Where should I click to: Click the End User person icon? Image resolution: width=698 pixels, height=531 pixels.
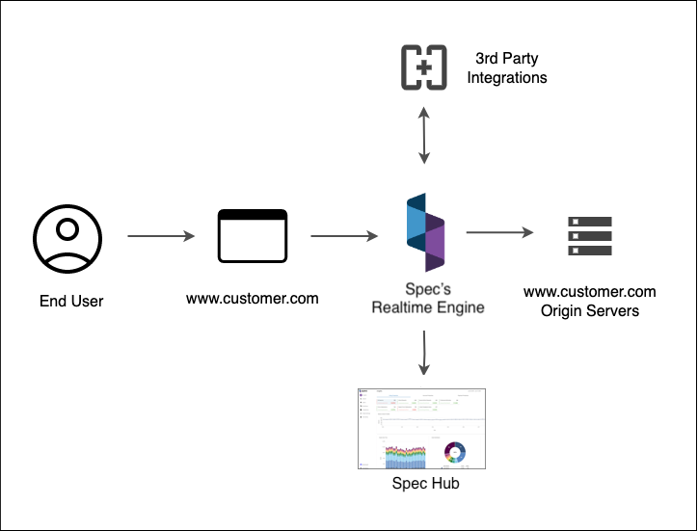(x=67, y=238)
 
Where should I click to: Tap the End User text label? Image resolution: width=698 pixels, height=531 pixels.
(x=71, y=302)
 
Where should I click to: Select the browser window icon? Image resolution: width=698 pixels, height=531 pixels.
(x=253, y=236)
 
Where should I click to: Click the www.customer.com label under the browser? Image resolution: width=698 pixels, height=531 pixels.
(x=253, y=298)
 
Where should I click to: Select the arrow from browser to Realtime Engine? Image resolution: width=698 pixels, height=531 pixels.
(x=344, y=235)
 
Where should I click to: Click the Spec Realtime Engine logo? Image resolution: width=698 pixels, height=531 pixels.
(x=425, y=235)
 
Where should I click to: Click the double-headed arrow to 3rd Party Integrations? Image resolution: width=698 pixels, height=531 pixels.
(x=422, y=135)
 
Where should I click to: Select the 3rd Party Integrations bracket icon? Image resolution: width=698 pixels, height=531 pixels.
(x=424, y=66)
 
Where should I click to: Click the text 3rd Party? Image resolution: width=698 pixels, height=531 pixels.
(x=507, y=58)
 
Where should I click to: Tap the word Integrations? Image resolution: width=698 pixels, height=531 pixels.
(x=507, y=77)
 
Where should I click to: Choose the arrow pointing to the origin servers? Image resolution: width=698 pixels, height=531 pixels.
(x=499, y=232)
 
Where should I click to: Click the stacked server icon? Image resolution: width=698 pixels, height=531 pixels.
(x=589, y=235)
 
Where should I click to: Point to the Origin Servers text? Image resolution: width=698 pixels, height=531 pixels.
(x=589, y=310)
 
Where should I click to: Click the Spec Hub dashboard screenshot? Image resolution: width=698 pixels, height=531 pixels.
(x=421, y=430)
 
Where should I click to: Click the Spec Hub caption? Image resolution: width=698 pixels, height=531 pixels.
(x=425, y=484)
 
